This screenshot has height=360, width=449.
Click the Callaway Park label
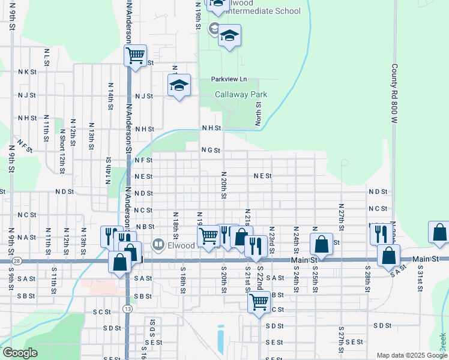[x=241, y=95]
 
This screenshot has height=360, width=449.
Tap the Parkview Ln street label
[x=229, y=79]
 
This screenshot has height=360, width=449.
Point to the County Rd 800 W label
[x=394, y=94]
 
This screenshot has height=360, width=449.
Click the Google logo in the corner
[x=19, y=353]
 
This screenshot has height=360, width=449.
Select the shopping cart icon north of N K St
[x=136, y=56]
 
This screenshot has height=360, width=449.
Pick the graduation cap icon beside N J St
[x=179, y=86]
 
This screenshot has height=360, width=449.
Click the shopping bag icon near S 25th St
[x=321, y=244]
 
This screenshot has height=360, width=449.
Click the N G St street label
[x=211, y=151]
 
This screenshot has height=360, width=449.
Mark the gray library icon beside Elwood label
[x=158, y=244]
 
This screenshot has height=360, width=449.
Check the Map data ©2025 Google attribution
[x=411, y=355]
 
